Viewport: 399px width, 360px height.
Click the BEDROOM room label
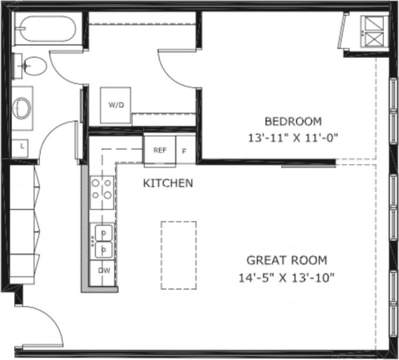tap(293, 122)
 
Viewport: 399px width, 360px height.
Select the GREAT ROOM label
tap(286, 260)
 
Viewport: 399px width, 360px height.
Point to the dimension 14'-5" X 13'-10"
tap(286, 277)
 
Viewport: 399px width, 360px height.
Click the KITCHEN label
tap(168, 183)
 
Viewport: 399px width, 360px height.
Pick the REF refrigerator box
tap(160, 150)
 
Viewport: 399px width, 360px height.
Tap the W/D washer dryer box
tap(116, 106)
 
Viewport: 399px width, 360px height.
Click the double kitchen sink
tap(103, 241)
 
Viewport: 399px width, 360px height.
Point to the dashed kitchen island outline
tap(179, 255)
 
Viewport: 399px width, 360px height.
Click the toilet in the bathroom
tap(33, 66)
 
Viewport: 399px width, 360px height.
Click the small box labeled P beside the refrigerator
tap(185, 150)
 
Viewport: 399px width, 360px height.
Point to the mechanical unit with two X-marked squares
tap(373, 32)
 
